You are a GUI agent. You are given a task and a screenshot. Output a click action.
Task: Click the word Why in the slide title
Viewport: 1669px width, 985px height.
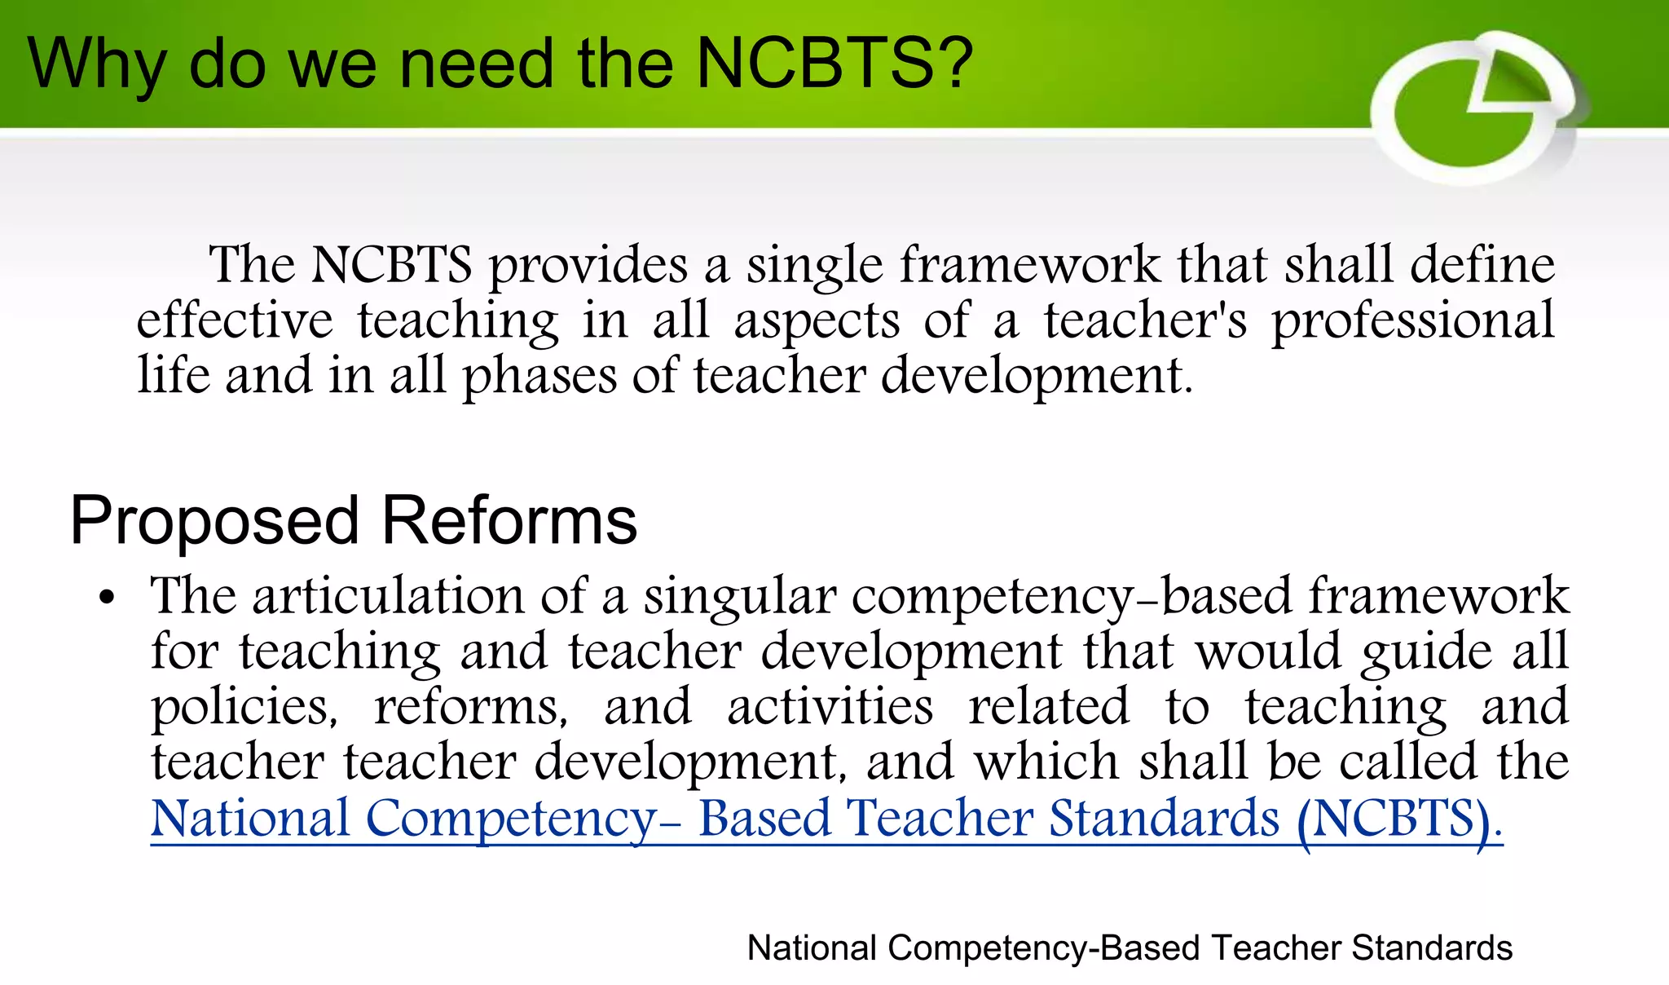(x=95, y=65)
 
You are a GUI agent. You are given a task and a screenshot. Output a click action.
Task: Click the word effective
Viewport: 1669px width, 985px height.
(x=235, y=320)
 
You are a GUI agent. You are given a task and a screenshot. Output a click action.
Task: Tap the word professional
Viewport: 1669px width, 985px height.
(x=1413, y=321)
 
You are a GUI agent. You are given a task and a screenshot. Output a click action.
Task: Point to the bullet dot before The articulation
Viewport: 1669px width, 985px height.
(x=107, y=598)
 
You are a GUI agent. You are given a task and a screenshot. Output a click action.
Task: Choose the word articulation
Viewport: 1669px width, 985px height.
(x=388, y=595)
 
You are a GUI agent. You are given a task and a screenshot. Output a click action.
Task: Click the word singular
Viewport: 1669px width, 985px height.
(x=739, y=597)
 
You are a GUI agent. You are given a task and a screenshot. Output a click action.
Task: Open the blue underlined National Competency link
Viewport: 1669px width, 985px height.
(x=826, y=819)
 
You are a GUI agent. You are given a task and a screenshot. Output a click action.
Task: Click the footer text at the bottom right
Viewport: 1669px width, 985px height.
(x=1130, y=948)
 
